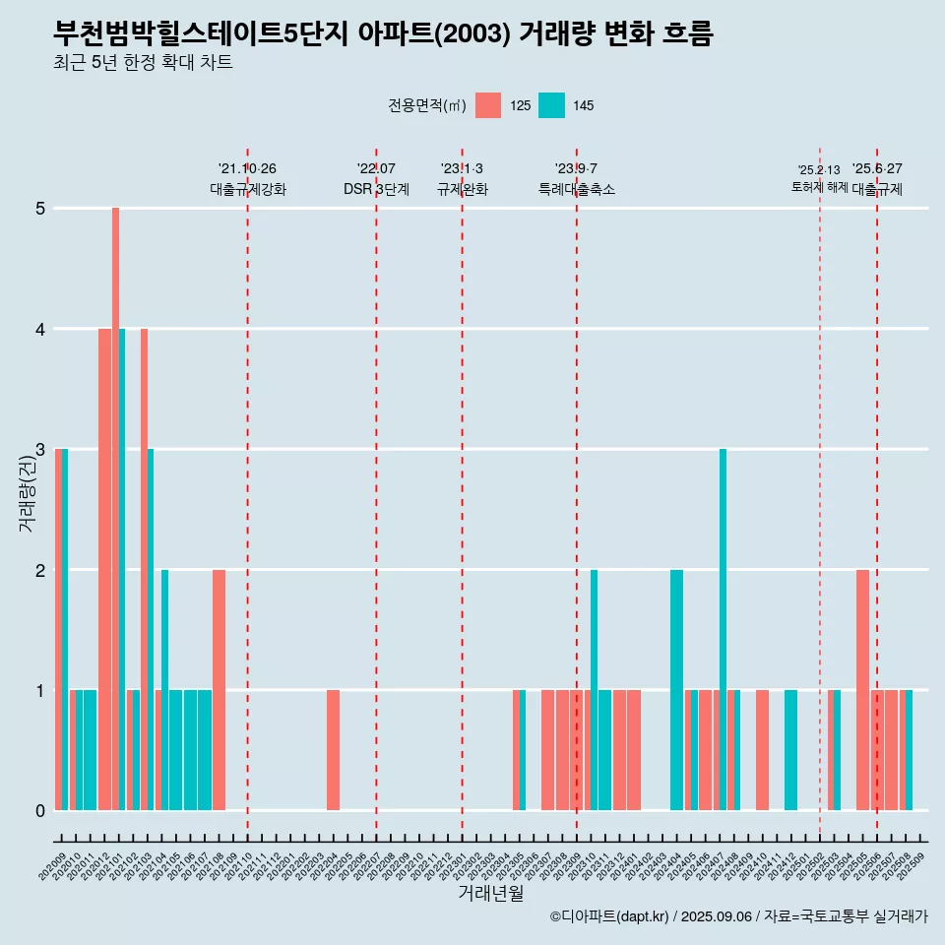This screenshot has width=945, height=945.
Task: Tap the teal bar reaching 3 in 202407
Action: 723,630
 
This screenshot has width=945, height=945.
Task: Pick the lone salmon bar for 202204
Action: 334,750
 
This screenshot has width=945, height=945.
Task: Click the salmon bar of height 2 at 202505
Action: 862,690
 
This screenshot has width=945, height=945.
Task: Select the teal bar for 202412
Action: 790,750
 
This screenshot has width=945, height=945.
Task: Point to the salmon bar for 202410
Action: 762,750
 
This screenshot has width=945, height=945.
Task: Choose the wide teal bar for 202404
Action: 676,690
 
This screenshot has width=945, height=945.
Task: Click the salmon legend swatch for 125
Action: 488,105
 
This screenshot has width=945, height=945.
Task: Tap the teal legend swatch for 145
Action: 551,105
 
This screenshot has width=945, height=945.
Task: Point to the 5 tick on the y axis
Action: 40,209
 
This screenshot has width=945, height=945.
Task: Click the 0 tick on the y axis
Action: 40,811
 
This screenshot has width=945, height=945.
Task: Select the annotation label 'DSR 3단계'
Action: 376,189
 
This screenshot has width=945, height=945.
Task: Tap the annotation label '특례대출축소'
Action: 576,189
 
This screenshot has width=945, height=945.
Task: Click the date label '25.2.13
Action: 819,170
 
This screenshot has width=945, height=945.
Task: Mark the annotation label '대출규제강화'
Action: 247,189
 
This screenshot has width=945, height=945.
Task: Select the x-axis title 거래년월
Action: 490,893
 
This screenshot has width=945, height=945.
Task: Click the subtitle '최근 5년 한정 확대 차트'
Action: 144,63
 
